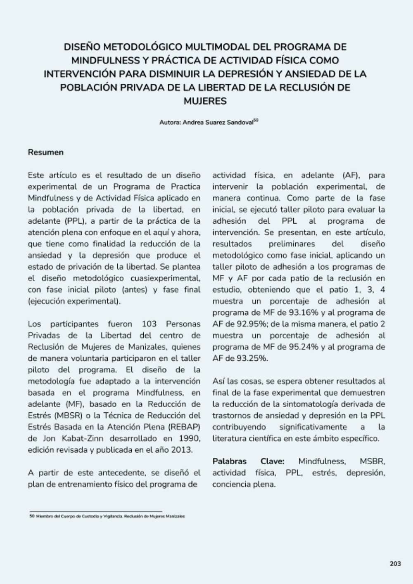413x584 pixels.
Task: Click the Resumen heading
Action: coord(46,152)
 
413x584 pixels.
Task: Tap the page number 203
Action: coord(395,564)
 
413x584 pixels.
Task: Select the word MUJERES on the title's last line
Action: coord(205,101)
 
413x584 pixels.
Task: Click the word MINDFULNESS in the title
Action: coord(106,60)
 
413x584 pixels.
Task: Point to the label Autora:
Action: coord(170,122)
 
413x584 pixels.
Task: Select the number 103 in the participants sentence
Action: coord(149,324)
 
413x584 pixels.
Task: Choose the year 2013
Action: coord(181,449)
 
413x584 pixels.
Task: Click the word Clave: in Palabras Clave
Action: coord(273,461)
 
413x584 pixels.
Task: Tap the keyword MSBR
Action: coord(372,461)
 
